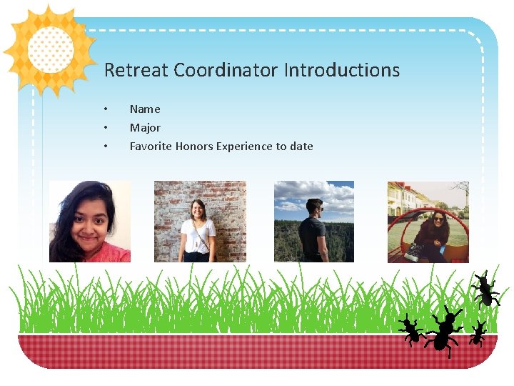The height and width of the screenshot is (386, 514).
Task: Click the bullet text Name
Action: (x=145, y=109)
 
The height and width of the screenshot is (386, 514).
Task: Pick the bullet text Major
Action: (x=145, y=128)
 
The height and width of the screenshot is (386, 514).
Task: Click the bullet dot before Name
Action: (x=106, y=109)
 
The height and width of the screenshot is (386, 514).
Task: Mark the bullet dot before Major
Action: (x=106, y=128)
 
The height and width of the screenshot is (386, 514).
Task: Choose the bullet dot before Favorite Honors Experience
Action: (x=106, y=147)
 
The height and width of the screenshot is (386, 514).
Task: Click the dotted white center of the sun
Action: (x=50, y=49)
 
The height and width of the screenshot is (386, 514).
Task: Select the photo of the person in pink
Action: (x=90, y=222)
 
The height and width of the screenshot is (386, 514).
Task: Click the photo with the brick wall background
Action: (x=200, y=222)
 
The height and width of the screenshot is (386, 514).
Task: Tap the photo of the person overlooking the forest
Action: (x=314, y=222)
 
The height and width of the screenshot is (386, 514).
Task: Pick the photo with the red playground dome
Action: (x=428, y=222)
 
